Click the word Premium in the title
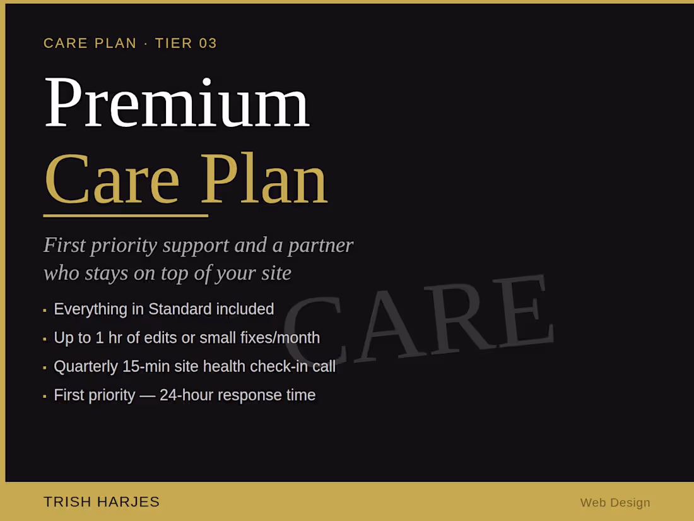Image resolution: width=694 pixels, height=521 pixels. (x=177, y=103)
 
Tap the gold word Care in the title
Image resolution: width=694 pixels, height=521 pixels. (x=112, y=179)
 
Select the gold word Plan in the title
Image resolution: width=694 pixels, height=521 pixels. (x=264, y=179)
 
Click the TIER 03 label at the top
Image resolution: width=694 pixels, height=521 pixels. (x=186, y=44)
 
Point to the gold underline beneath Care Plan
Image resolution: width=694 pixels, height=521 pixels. (x=126, y=216)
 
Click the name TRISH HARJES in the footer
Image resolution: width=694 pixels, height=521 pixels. (x=102, y=502)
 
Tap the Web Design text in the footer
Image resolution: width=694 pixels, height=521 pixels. (x=615, y=503)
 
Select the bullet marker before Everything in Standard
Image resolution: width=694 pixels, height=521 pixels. (x=45, y=310)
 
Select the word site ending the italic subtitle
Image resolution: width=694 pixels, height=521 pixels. (x=275, y=273)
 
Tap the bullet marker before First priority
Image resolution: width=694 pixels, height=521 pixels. (x=45, y=397)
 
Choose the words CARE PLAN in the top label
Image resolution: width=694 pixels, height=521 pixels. (x=90, y=44)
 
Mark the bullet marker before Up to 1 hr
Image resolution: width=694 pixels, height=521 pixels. (x=45, y=339)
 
